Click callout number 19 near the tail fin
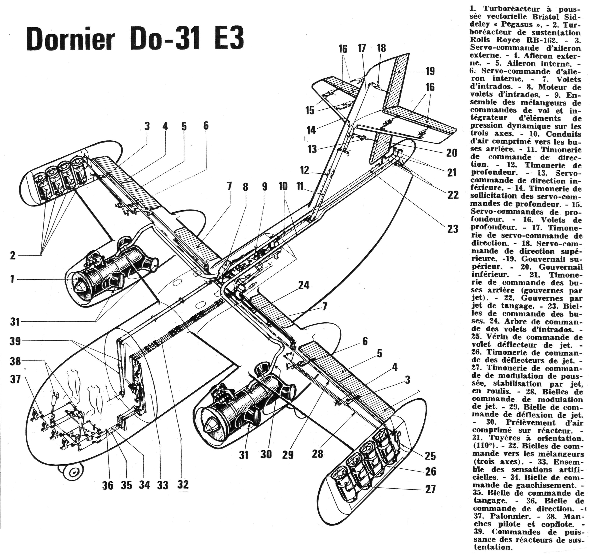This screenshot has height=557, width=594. [x=430, y=71]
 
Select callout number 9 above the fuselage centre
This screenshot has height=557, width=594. [x=265, y=187]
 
